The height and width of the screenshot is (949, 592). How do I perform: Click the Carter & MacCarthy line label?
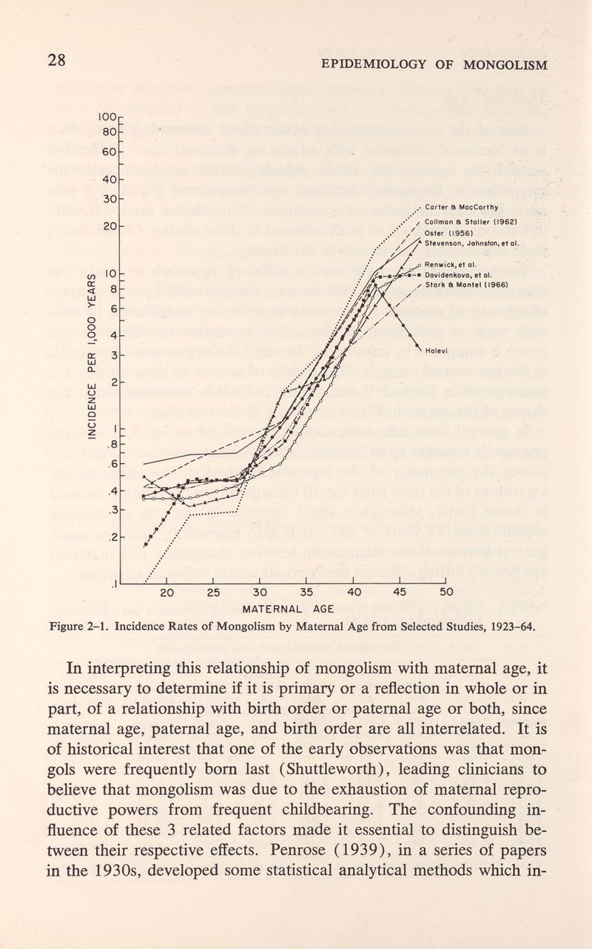(464, 206)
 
